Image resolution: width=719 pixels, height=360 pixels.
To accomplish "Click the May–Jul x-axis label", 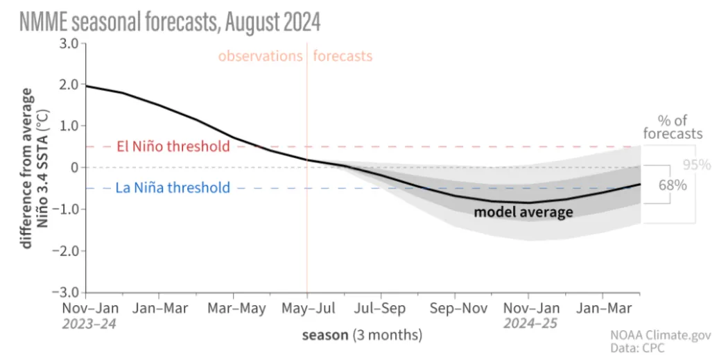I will pyautogui.click(x=306, y=308).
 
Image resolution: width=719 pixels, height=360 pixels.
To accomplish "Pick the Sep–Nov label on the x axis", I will pyautogui.click(x=454, y=308).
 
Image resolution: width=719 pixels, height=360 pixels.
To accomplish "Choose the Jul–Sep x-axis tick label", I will pyautogui.click(x=380, y=308).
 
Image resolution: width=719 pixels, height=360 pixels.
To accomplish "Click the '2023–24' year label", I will pyautogui.click(x=89, y=323).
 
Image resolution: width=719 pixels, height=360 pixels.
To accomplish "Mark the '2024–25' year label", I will pyautogui.click(x=530, y=323).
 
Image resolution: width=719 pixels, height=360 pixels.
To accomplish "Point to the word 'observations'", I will pyautogui.click(x=260, y=56).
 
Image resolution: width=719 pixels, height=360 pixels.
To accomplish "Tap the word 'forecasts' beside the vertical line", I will pyautogui.click(x=343, y=56).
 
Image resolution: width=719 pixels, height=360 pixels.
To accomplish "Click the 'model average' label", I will pyautogui.click(x=523, y=212).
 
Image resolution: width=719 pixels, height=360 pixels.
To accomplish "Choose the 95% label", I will pyautogui.click(x=696, y=165).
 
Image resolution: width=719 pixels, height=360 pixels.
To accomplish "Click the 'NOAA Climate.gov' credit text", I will pyautogui.click(x=661, y=335).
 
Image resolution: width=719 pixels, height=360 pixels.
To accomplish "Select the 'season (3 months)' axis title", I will pyautogui.click(x=361, y=336).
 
